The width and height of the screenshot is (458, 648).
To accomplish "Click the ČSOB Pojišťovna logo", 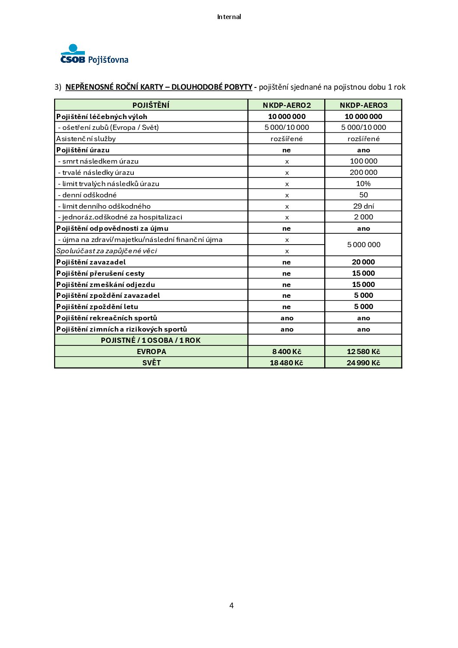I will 94,55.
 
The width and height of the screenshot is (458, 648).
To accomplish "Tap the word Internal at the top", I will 229,17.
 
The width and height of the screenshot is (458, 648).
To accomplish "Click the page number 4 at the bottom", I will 232,605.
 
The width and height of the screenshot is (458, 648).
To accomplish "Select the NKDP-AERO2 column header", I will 287,105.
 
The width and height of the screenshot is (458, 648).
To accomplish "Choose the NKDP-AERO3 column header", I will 364,105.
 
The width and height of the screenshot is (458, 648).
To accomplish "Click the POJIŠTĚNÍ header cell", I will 151,105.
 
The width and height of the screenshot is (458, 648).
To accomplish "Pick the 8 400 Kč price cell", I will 287,351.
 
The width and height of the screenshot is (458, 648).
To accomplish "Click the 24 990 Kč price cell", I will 364,363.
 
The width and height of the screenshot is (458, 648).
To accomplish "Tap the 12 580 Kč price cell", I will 364,351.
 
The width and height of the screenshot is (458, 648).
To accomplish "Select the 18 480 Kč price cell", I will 287,363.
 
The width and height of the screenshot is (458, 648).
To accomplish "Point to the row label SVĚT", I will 151,363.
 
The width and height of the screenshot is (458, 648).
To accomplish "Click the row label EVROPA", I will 151,351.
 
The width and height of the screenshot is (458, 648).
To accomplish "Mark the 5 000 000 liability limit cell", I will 364,245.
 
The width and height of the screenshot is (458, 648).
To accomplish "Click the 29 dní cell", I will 364,206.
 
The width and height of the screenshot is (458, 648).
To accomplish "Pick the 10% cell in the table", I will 364,184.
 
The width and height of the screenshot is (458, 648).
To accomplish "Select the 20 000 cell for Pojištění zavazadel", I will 364,262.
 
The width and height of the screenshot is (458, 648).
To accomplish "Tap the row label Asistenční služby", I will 86,139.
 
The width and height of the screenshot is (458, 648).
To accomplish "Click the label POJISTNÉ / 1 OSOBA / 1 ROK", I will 151,340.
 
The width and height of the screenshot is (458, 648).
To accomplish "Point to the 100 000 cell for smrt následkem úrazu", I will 364,161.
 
